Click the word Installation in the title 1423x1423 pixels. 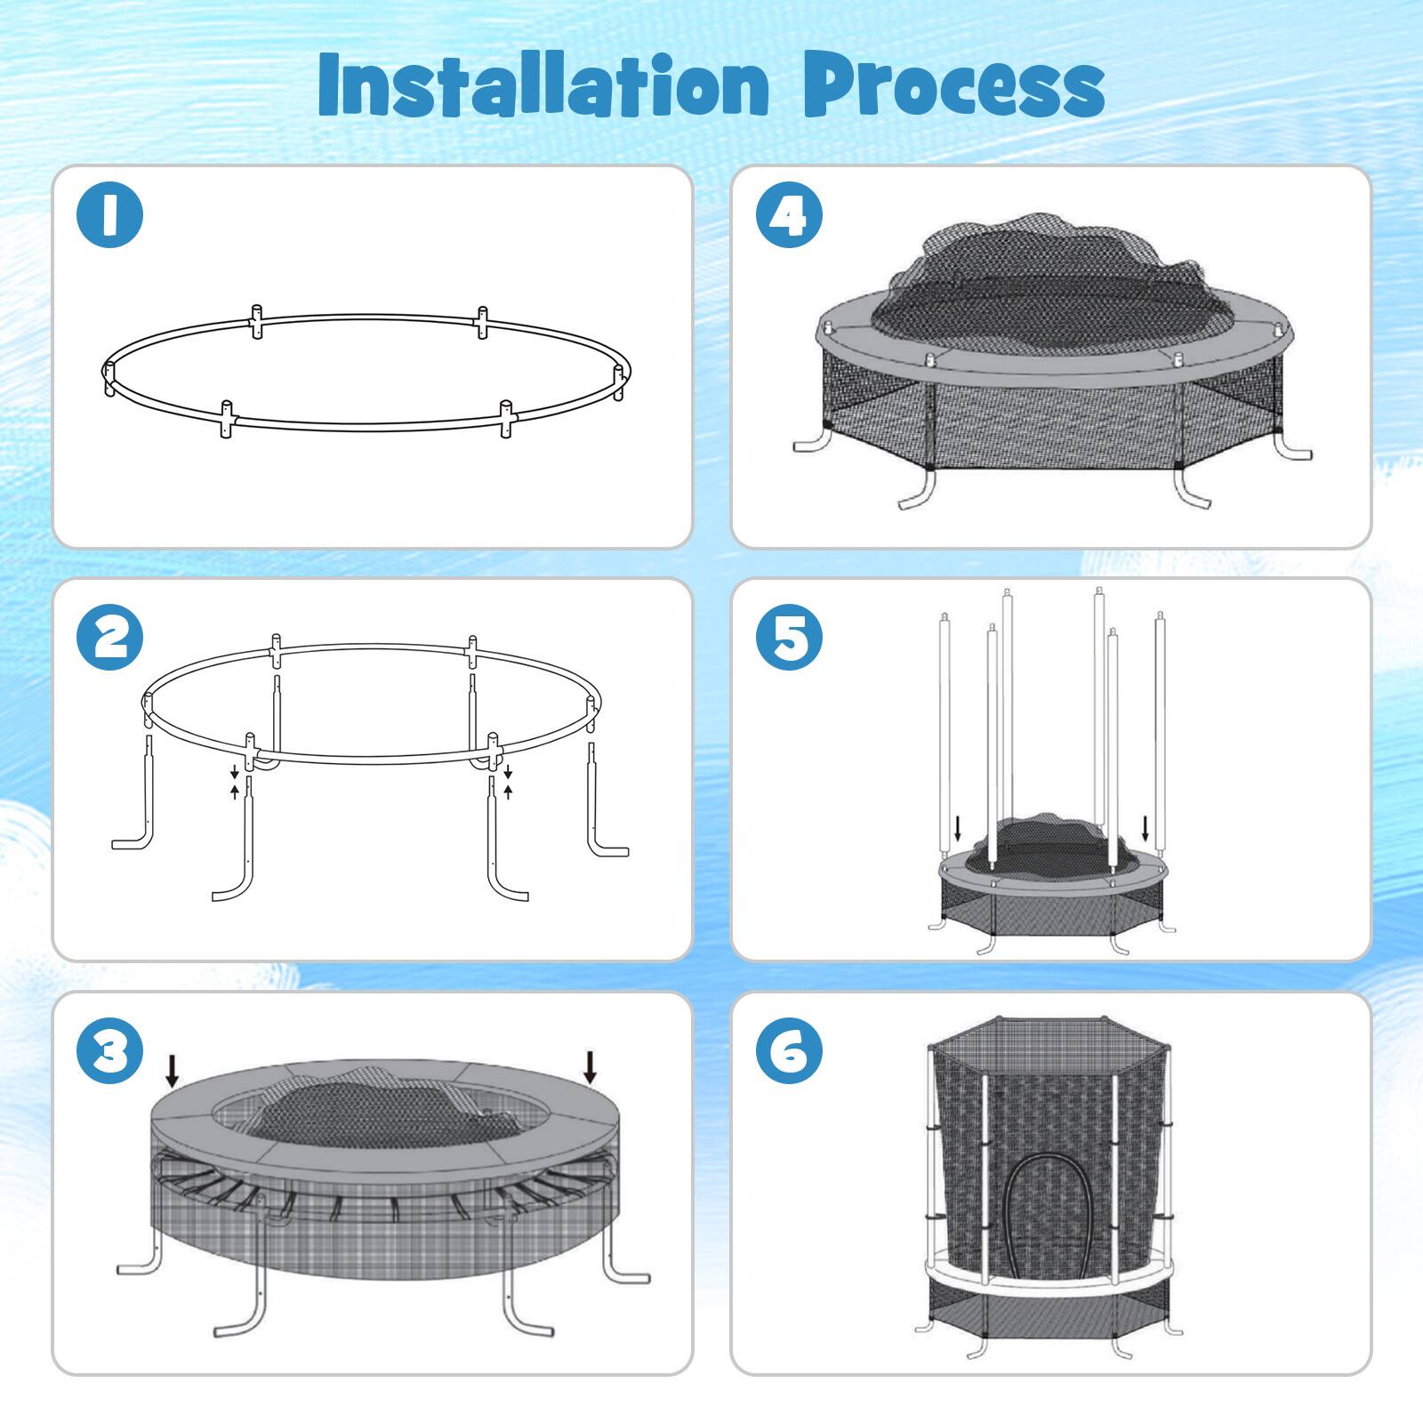[x=543, y=84]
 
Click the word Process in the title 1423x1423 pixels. [x=953, y=87]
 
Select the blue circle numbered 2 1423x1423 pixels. [x=109, y=637]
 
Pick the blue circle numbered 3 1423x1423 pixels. [x=109, y=1050]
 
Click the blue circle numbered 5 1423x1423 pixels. [x=789, y=637]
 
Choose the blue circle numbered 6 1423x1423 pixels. [x=789, y=1050]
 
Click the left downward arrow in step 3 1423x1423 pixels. [x=172, y=1070]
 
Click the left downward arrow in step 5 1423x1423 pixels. [x=957, y=829]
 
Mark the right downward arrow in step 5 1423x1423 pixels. [x=1146, y=829]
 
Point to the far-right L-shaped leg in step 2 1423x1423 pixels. [x=599, y=809]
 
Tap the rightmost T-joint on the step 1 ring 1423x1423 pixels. [x=620, y=378]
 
